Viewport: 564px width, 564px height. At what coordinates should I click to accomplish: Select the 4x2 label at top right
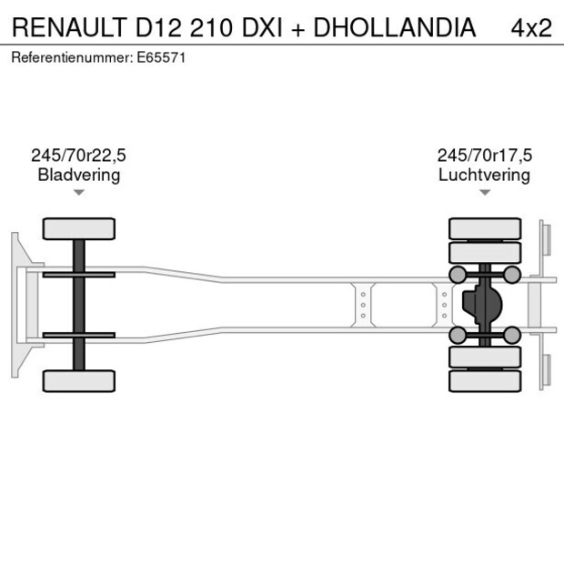tap(531, 28)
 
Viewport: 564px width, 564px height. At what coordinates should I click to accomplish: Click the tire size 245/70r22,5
tap(79, 156)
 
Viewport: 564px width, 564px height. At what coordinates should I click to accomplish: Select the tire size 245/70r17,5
tap(484, 156)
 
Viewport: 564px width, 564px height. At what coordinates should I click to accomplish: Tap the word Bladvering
tap(79, 175)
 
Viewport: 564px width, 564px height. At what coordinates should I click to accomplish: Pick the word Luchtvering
tap(484, 175)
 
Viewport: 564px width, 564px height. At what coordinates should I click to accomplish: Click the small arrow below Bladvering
tap(79, 192)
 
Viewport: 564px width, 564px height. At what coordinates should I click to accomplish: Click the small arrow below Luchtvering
tap(484, 192)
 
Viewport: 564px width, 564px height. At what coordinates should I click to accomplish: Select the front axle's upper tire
tap(79, 228)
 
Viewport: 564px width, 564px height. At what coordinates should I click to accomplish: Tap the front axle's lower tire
tap(79, 380)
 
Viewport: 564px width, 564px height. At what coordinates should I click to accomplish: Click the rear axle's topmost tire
tap(485, 227)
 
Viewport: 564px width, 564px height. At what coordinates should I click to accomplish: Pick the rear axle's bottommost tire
tap(485, 381)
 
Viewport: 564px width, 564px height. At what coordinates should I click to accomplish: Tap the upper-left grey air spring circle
tap(458, 275)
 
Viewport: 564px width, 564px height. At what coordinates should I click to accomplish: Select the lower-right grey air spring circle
tap(512, 336)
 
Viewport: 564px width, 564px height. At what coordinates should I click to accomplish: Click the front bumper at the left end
tap(15, 305)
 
